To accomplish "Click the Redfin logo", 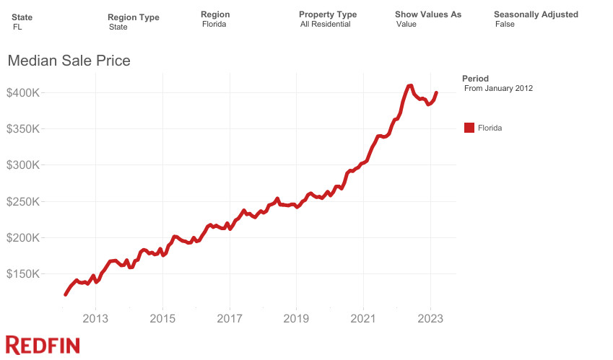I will (x=43, y=345).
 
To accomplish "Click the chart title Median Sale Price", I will (x=69, y=61).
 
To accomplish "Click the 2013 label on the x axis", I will (x=95, y=318).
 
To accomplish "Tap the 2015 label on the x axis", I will (x=162, y=318).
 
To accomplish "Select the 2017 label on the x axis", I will (x=230, y=318).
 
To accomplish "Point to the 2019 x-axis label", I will (x=297, y=318).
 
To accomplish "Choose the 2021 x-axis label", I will (x=364, y=318).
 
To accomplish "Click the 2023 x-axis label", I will (x=431, y=318).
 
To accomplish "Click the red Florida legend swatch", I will (x=469, y=128).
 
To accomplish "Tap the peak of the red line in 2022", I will (x=410, y=86).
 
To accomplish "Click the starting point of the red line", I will (x=66, y=294).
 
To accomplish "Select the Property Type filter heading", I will (x=327, y=14).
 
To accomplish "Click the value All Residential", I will (x=325, y=25).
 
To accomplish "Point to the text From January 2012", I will (x=498, y=88).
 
